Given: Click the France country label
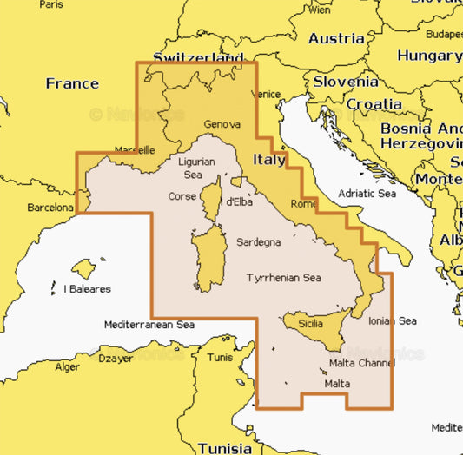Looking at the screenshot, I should [x=72, y=84].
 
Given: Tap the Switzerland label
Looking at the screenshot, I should [x=198, y=58].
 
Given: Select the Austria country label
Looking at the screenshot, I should [x=336, y=38].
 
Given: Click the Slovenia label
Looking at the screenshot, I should [x=346, y=82].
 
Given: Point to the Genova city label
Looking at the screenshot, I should [x=222, y=125].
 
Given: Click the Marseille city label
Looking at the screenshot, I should [x=134, y=149].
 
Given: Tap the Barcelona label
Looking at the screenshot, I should [x=50, y=208].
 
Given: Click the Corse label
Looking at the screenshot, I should [x=182, y=196].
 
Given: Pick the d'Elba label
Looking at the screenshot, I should [x=239, y=202].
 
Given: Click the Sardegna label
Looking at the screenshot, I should [x=259, y=242].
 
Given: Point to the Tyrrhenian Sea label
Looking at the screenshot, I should [x=284, y=279].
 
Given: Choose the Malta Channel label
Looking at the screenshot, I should [x=361, y=363].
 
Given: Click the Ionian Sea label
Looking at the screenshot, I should [x=392, y=321].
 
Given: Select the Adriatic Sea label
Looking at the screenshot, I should [x=367, y=194].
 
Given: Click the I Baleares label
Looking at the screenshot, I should [x=88, y=289].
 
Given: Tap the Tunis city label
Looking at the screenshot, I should [x=221, y=358].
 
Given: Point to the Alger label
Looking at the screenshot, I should [x=68, y=367].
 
